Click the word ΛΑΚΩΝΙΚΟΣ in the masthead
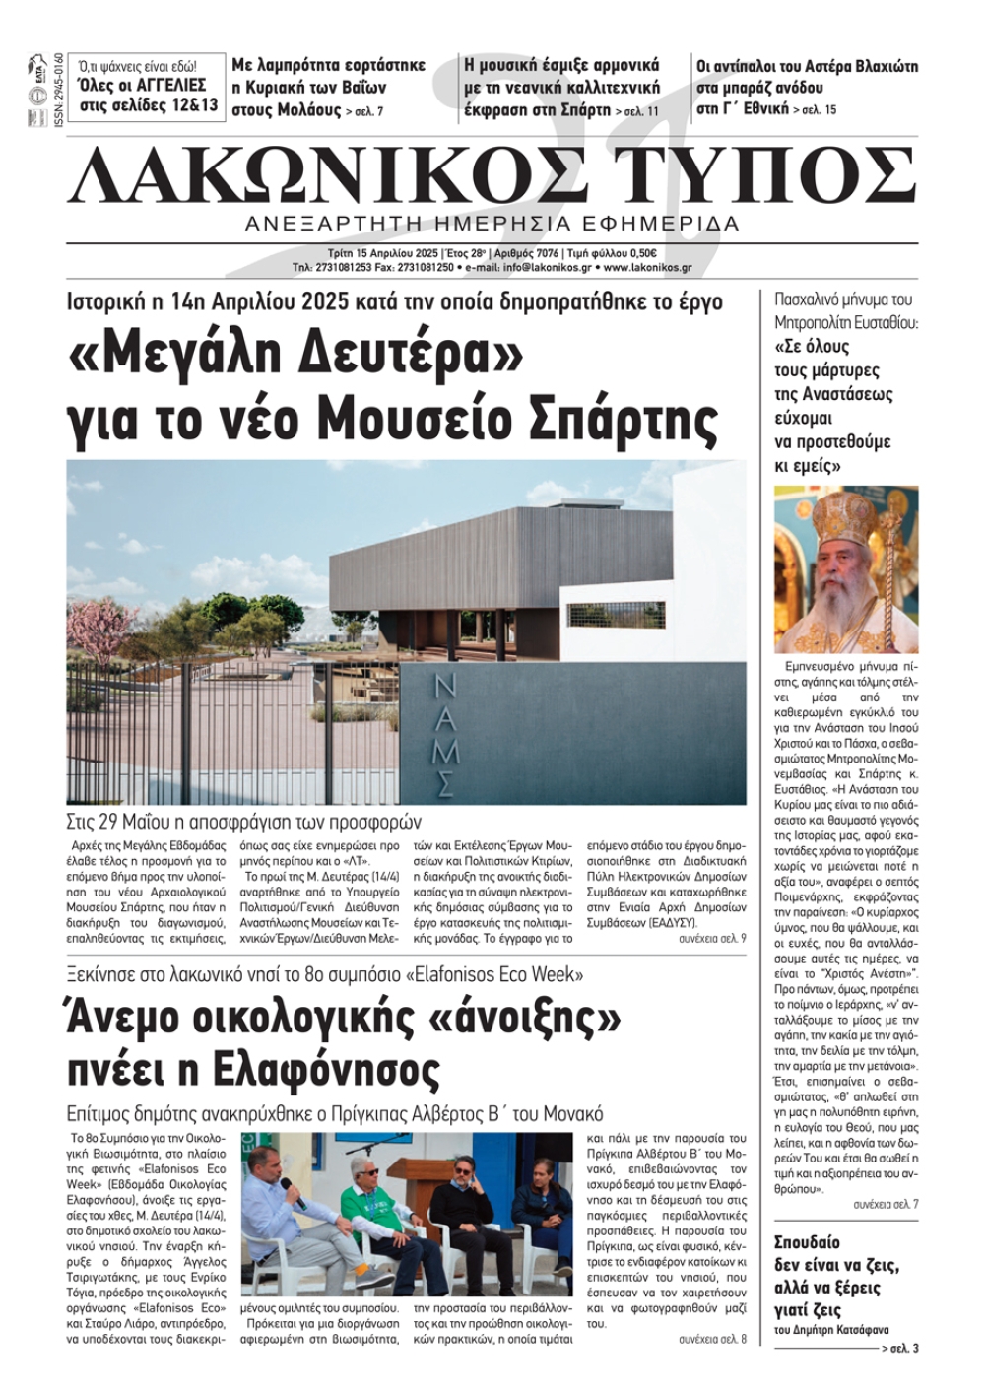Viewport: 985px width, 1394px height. click(325, 175)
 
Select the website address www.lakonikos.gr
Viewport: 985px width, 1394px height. click(647, 267)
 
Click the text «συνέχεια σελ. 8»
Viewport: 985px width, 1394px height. click(712, 1340)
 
